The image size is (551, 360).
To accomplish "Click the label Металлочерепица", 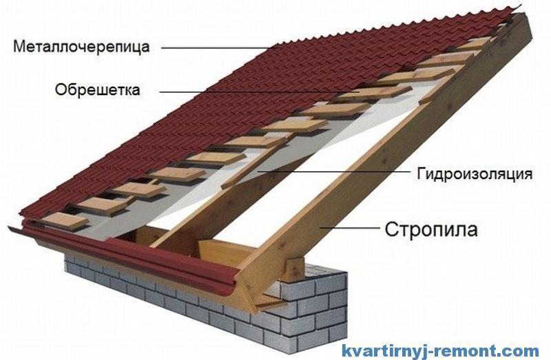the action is [x=81, y=47].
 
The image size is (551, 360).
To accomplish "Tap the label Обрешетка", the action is [x=97, y=89].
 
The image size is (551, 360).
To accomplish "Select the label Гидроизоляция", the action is [x=475, y=174].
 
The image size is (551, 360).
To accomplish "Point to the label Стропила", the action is [x=431, y=230].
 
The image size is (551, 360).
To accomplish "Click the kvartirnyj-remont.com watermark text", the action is [x=440, y=350].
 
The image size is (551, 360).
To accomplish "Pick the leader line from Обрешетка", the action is [x=260, y=92].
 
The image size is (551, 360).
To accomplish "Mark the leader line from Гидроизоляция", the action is [x=334, y=172].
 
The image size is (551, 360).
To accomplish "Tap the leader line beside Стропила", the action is [x=350, y=228].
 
